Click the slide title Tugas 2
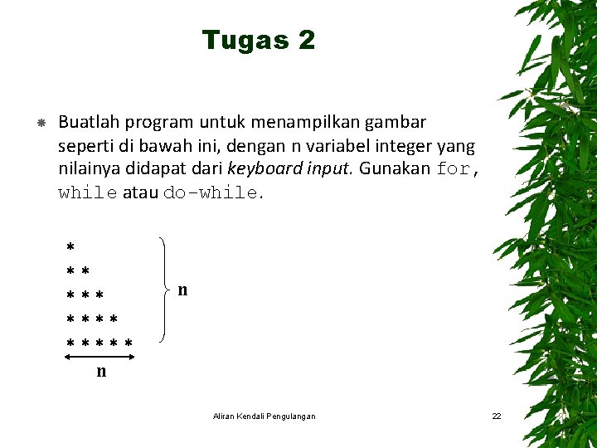(x=258, y=40)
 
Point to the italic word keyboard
(x=261, y=169)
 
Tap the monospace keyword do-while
(x=211, y=193)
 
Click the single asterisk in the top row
(x=70, y=247)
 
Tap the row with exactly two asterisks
(x=78, y=271)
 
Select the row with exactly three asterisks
(x=85, y=295)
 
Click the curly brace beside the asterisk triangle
(x=166, y=290)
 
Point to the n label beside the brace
(x=182, y=290)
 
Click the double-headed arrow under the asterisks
(x=100, y=357)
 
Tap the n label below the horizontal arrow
(x=101, y=372)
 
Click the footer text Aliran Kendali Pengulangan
(x=264, y=416)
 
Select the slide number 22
(x=496, y=416)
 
